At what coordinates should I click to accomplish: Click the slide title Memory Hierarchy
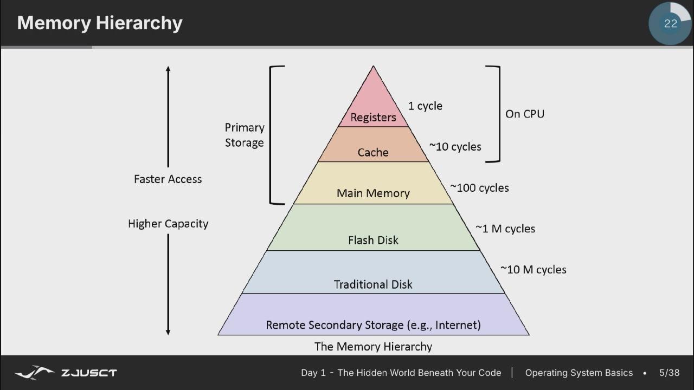[x=100, y=23]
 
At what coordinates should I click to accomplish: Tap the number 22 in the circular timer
[x=671, y=23]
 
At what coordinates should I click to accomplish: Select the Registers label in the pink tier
[x=374, y=118]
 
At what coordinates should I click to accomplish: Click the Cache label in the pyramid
[x=373, y=152]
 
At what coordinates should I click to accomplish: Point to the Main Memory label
[x=374, y=193]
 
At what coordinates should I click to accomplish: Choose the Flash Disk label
[x=374, y=240]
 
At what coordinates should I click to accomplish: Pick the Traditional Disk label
[x=373, y=284]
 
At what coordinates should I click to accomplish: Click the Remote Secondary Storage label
[x=374, y=325]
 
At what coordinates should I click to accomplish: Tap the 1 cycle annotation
[x=426, y=106]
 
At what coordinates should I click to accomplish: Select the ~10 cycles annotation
[x=455, y=147]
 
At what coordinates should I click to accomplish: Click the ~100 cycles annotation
[x=480, y=188]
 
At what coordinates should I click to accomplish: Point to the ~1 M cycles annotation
[x=505, y=229]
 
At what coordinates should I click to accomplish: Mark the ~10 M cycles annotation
[x=534, y=270]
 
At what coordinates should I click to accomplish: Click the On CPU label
[x=525, y=114]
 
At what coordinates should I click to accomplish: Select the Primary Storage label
[x=245, y=135]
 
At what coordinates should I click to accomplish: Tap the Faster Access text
[x=168, y=179]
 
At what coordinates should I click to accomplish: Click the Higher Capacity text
[x=168, y=224]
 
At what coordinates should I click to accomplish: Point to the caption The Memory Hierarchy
[x=373, y=347]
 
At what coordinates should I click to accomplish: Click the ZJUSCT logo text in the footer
[x=89, y=373]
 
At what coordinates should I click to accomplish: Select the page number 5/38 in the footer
[x=670, y=373]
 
